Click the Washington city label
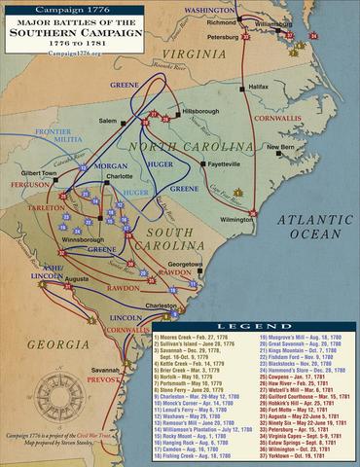pos(210,8)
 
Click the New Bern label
pos(281,148)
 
